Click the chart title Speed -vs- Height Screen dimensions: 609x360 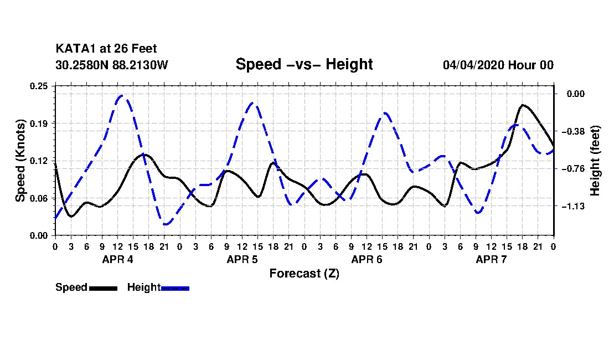click(304, 64)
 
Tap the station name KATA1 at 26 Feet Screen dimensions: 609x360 click(106, 49)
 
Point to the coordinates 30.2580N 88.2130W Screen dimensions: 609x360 click(112, 65)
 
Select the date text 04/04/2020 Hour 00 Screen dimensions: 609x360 click(498, 65)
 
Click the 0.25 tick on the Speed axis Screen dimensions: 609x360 click(39, 86)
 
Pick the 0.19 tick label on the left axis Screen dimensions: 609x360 click(39, 124)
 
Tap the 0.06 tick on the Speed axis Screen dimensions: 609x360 click(39, 198)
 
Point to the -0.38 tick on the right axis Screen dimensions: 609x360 click(573, 131)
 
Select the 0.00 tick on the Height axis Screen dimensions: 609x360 click(576, 94)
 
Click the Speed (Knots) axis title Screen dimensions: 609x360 click(20, 161)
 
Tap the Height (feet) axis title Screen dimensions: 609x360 click(595, 161)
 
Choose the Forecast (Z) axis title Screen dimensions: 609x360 click(304, 274)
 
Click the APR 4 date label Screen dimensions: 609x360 click(118, 259)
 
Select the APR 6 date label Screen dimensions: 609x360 click(367, 259)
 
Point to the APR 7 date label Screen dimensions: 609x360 click(491, 259)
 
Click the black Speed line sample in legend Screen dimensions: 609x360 click(104, 288)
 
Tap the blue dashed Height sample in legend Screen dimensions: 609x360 click(175, 288)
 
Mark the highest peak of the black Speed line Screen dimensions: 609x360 click(523, 105)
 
